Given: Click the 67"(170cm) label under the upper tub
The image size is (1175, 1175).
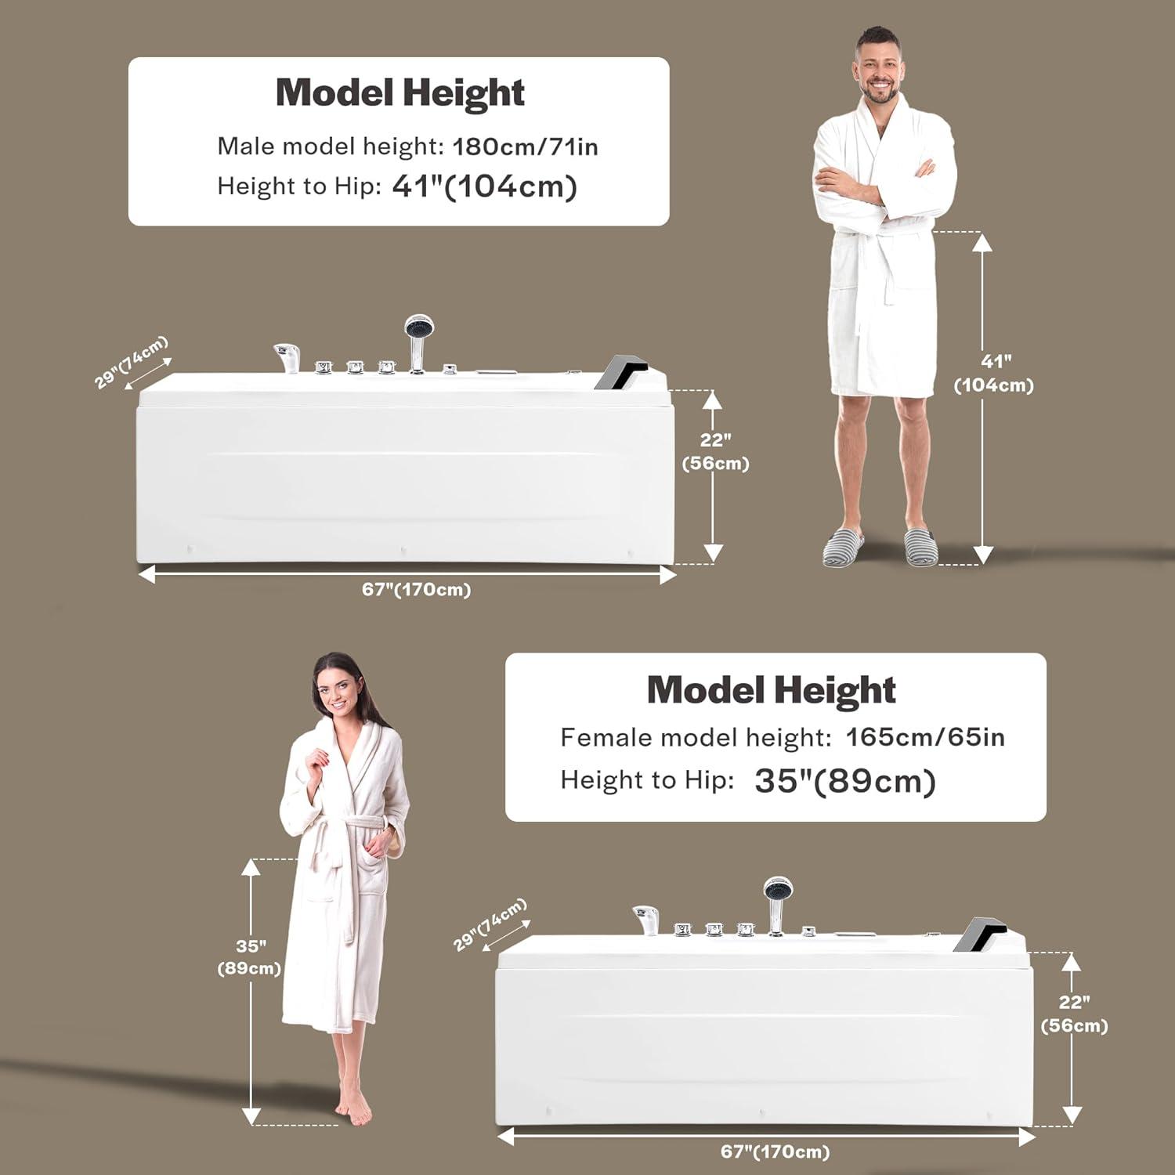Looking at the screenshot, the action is pos(416,590).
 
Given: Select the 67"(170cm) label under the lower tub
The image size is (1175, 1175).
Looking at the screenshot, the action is pos(775,1151).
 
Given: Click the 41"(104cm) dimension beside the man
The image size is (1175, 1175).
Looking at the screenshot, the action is pos(993,373).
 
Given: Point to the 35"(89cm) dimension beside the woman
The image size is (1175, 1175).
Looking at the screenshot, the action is pos(250,957).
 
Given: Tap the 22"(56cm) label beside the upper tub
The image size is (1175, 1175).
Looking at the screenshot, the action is pos(715,452).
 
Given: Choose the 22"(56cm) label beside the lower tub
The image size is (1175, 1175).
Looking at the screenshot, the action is pos(1074,1014).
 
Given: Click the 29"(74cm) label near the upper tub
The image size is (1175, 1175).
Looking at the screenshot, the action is pos(131,362).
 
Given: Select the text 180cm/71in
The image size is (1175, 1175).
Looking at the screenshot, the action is pos(525,146).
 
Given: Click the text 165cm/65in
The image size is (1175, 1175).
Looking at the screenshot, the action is pos(925,737).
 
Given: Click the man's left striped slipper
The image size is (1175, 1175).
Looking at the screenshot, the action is pos(920,546).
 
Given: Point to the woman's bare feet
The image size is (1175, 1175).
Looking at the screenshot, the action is pos(354,1106).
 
